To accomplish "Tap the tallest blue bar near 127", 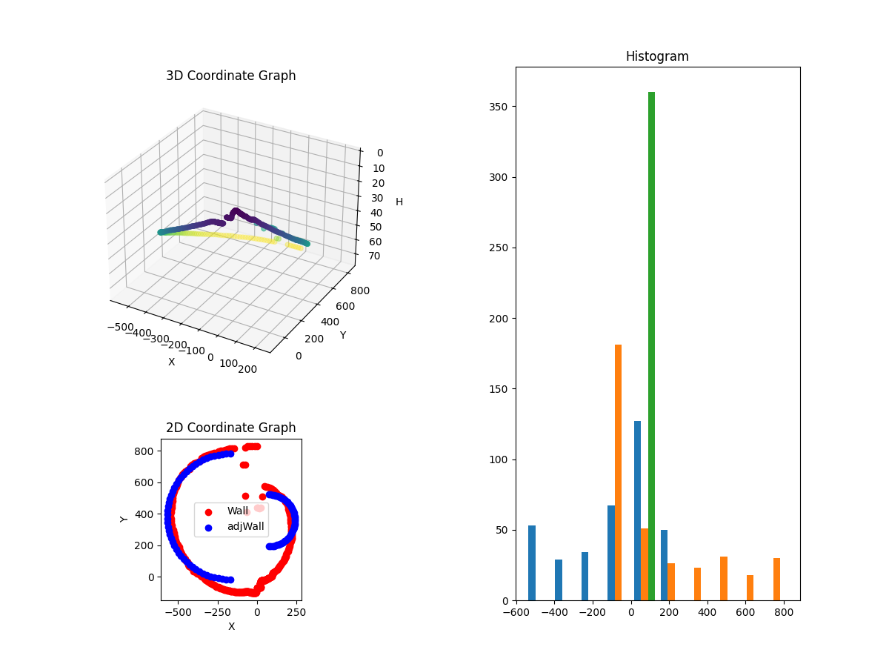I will tap(637, 511).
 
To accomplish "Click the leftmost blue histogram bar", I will tap(532, 563).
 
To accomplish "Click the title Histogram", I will tap(657, 56).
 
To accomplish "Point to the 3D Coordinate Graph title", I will tap(230, 76).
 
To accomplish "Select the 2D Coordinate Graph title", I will tap(230, 428).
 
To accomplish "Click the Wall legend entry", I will tap(237, 511).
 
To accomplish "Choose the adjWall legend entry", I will tap(246, 527).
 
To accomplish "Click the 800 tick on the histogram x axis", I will tap(784, 613).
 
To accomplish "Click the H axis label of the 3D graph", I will tap(399, 202).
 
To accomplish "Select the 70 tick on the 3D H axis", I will tap(374, 256).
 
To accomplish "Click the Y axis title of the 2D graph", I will tap(124, 519).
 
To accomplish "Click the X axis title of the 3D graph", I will tap(171, 362).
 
